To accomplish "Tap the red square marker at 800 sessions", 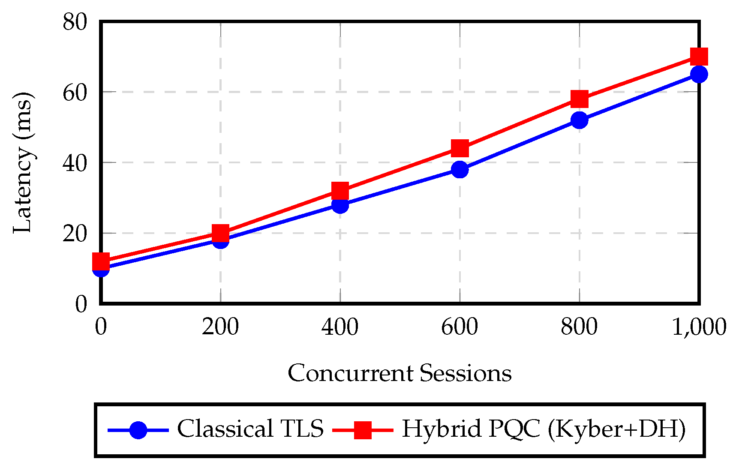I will click(580, 99).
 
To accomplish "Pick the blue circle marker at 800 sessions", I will click(580, 120).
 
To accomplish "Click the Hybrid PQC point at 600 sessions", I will click(460, 148).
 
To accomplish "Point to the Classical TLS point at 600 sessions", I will click(460, 170).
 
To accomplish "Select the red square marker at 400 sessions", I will click(340, 191).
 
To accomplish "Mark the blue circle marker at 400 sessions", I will click(340, 205).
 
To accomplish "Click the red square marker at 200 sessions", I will click(220, 233).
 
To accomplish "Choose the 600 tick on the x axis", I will click(460, 327).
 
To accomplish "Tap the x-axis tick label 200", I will click(220, 327).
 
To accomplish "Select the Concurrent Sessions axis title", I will click(400, 373).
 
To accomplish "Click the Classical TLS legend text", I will click(250, 429).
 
